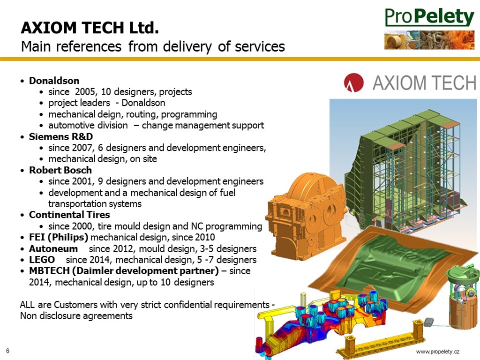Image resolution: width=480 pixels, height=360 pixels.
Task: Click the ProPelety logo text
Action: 429,17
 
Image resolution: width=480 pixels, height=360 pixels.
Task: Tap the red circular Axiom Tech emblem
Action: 353,82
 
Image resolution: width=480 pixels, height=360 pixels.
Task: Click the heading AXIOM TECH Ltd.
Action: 90,28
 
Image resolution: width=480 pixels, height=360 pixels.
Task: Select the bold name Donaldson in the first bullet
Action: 54,81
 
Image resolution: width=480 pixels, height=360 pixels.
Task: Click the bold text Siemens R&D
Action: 61,136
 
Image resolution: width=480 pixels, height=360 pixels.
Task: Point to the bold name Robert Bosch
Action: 60,170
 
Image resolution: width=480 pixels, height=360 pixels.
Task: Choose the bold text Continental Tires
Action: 69,215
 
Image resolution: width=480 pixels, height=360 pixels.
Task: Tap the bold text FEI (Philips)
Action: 59,237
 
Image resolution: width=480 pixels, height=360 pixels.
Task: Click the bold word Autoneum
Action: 53,248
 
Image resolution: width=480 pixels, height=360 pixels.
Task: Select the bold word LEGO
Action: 42,260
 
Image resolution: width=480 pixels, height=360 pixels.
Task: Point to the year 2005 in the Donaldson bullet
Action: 85,91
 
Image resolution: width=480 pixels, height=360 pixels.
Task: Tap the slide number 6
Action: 7,351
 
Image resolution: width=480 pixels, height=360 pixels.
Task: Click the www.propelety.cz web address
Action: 438,352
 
